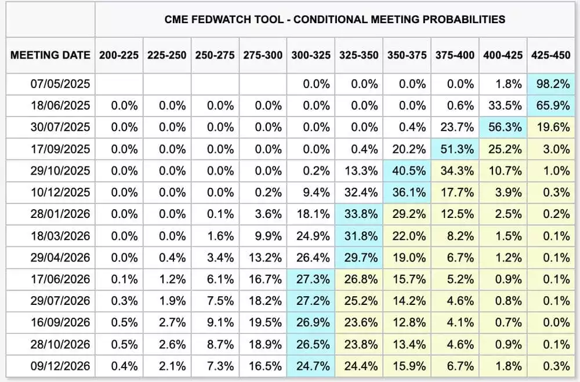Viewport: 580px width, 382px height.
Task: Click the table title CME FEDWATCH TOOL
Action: [335, 19]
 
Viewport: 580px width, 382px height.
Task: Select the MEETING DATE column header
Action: [50, 55]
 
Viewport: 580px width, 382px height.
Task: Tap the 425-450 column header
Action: [550, 55]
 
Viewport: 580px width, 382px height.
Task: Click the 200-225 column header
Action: [119, 55]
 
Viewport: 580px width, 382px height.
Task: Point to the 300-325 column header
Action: [311, 55]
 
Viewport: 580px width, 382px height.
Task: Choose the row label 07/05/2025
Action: [60, 84]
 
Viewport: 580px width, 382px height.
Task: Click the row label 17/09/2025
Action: [60, 149]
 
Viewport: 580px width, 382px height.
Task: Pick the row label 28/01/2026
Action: [60, 214]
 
